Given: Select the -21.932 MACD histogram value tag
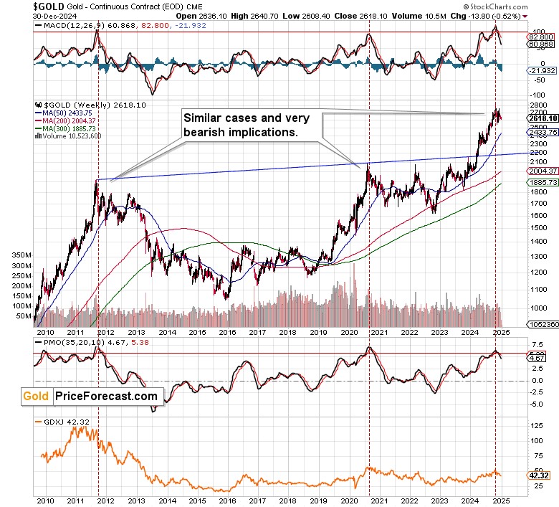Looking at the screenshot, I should pyautogui.click(x=541, y=70).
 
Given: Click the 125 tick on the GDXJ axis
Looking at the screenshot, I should pyautogui.click(x=535, y=426).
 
